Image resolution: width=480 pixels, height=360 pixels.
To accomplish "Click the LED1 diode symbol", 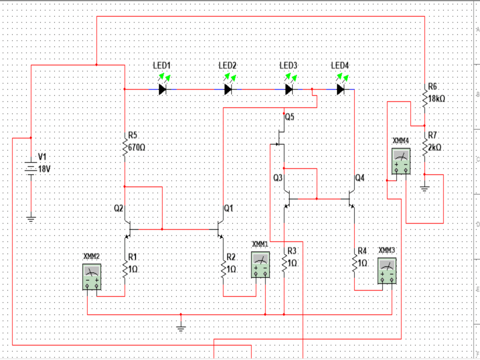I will pyautogui.click(x=163, y=89).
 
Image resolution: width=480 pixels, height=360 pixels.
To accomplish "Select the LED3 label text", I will pyautogui.click(x=288, y=65).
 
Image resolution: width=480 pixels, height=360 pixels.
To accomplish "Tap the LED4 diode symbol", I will pyautogui.click(x=341, y=89).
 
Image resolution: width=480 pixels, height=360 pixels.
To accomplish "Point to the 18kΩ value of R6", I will pyautogui.click(x=437, y=98).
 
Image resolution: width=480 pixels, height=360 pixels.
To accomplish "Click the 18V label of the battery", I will pyautogui.click(x=44, y=169).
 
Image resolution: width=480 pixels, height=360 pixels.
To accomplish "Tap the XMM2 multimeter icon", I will pyautogui.click(x=93, y=277).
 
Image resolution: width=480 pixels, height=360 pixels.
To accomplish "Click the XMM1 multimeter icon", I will pyautogui.click(x=261, y=265).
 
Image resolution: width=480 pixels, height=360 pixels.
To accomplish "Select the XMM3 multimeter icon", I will pyautogui.click(x=387, y=271).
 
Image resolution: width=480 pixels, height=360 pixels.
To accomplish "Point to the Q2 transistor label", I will pyautogui.click(x=118, y=208).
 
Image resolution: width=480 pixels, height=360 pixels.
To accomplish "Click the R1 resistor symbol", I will pyautogui.click(x=125, y=270).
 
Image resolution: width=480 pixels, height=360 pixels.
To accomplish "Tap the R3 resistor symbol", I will pyautogui.click(x=284, y=263).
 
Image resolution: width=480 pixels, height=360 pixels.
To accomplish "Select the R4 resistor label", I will pyautogui.click(x=362, y=251).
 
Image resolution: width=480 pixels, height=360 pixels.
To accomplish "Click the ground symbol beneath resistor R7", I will pyautogui.click(x=424, y=188).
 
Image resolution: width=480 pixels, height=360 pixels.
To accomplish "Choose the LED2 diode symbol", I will pyautogui.click(x=229, y=89).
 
